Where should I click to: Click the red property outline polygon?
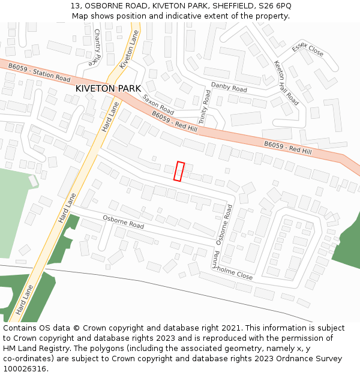pos(179,171)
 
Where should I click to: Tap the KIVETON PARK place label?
pos(108,88)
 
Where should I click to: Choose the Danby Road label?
pos(229,88)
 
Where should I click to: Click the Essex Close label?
pos(307,50)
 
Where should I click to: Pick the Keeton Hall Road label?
pos(286,82)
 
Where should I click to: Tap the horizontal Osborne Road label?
pos(123,222)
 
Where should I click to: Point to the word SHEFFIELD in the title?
pos(231,5)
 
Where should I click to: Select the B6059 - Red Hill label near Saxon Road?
pos(173,121)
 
